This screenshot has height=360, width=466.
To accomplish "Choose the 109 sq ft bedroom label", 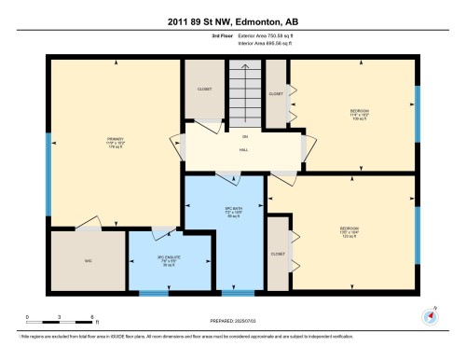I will [358, 115].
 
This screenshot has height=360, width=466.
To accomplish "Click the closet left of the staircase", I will [203, 91].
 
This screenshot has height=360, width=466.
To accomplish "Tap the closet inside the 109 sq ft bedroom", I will [277, 94].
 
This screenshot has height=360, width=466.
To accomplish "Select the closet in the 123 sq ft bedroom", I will [278, 254].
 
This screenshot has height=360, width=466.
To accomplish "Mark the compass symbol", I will [430, 314].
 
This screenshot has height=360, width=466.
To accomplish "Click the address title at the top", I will [232, 21].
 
